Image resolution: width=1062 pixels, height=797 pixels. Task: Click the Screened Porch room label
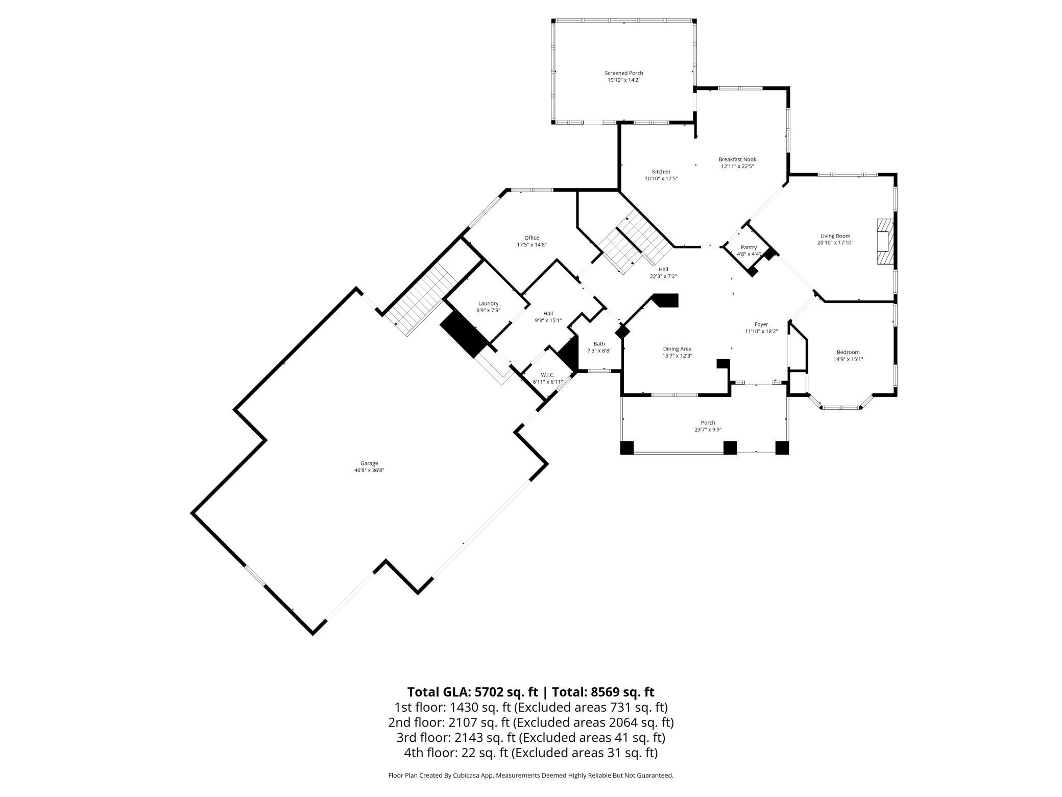coord(623,73)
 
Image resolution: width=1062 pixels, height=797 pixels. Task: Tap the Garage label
coord(369,463)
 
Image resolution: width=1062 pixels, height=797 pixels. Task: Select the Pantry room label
coord(749,247)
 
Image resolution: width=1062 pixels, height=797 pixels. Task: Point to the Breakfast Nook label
coord(737,159)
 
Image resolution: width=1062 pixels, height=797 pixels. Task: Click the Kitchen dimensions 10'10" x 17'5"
coord(661,179)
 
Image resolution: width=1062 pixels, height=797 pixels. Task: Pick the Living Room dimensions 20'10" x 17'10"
coord(835,243)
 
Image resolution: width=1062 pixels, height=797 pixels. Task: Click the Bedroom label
coord(848,352)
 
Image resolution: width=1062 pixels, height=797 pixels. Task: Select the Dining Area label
coord(677,349)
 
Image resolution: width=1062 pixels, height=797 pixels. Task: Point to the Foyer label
coord(761,324)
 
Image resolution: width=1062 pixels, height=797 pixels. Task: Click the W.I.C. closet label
coord(547,375)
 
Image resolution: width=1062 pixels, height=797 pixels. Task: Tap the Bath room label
coord(599,344)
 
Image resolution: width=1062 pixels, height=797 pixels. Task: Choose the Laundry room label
coord(488,303)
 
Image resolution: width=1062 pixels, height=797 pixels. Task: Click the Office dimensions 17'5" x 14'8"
coord(532,245)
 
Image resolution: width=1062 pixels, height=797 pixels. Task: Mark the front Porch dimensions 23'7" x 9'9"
coord(708,430)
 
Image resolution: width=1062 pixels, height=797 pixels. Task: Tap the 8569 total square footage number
coord(606,692)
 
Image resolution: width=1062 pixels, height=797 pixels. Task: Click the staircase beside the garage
coord(422,299)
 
